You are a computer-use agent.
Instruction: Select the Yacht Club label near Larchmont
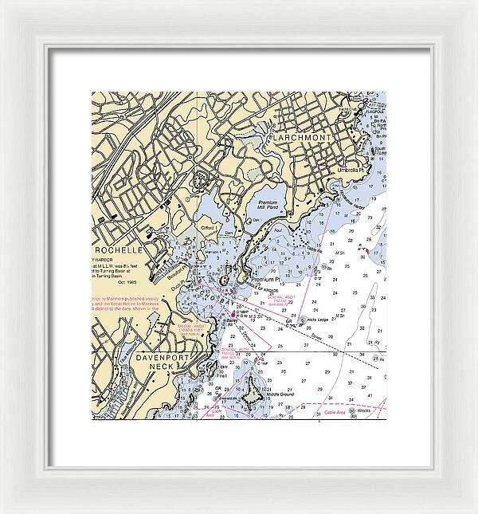pyautogui.click(x=347, y=108)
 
